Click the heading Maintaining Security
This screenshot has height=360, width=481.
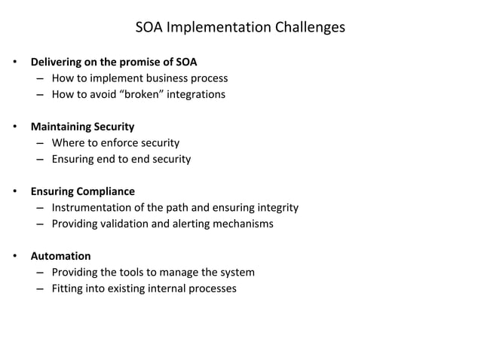[82, 127]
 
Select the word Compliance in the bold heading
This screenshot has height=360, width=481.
[107, 191]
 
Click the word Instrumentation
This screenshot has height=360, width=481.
[94, 208]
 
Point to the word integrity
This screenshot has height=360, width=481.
[276, 208]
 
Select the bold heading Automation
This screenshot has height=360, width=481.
[60, 256]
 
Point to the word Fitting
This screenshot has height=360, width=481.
[69, 288]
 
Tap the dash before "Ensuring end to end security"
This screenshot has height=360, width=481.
[38, 159]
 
